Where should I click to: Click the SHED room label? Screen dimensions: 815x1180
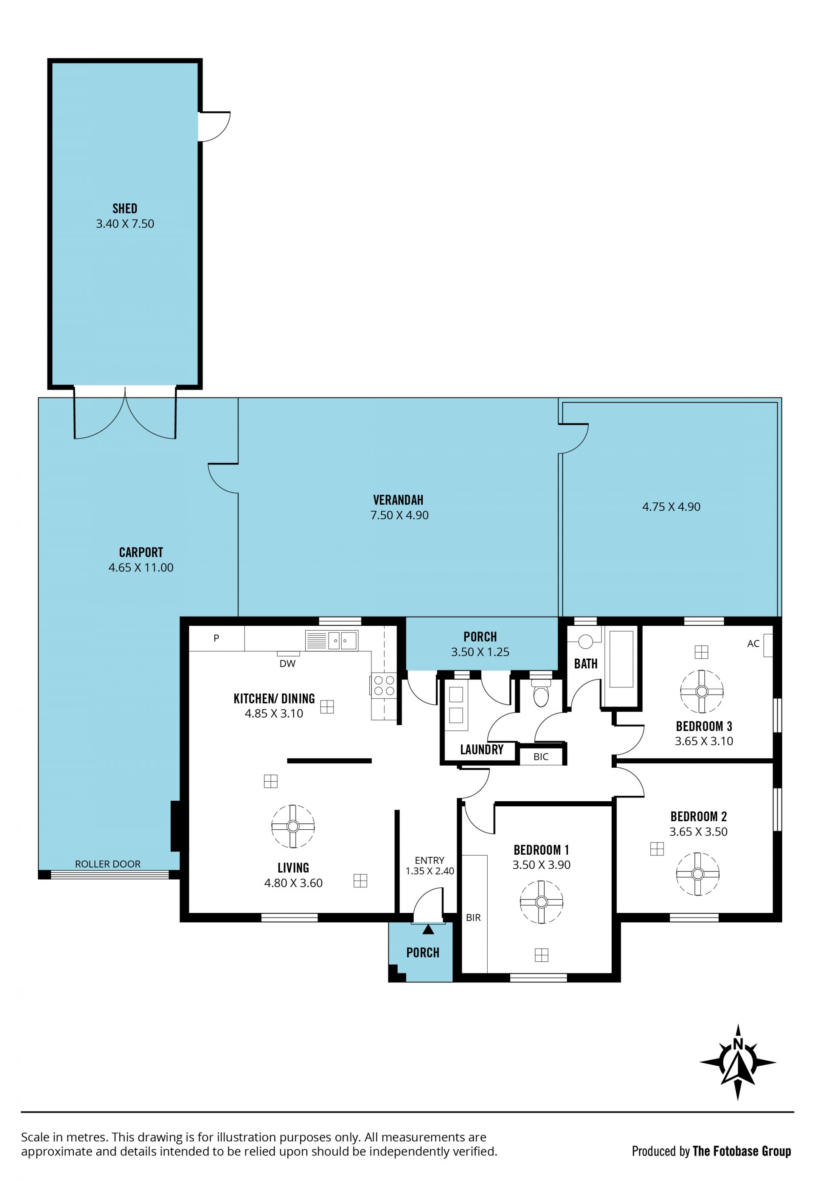tap(125, 208)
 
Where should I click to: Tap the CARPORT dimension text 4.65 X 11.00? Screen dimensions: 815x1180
tap(141, 568)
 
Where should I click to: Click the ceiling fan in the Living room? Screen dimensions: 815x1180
tap(293, 826)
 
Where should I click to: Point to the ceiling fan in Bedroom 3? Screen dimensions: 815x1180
tap(702, 692)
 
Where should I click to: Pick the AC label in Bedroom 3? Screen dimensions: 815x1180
tap(753, 644)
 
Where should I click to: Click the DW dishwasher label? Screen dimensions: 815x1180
tap(287, 664)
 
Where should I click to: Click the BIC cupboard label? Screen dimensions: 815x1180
tap(541, 757)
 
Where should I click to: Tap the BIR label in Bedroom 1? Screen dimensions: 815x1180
tap(473, 918)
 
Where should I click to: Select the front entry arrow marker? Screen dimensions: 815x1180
tap(428, 929)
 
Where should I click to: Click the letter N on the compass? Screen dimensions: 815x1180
tap(737, 1044)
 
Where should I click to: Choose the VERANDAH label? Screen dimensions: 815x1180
tap(398, 500)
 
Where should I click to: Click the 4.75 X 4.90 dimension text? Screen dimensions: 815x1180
tap(671, 507)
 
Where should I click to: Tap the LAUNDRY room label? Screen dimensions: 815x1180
tap(481, 749)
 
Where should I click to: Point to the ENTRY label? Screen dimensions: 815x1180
tap(430, 860)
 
